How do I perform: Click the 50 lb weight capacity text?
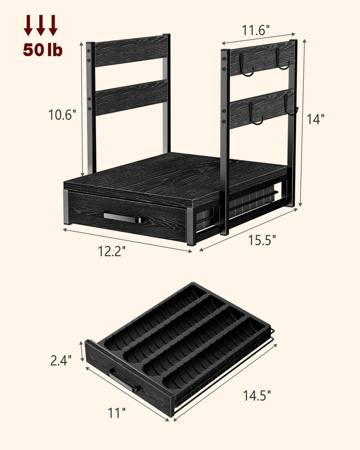pyautogui.click(x=43, y=50)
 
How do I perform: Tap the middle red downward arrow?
pyautogui.click(x=40, y=25)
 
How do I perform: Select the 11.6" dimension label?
pyautogui.click(x=255, y=30)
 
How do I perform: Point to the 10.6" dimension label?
pyautogui.click(x=62, y=115)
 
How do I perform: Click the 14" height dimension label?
pyautogui.click(x=315, y=119)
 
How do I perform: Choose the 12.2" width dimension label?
pyautogui.click(x=112, y=251)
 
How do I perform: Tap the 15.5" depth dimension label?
pyautogui.click(x=262, y=240)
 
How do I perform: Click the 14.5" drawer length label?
pyautogui.click(x=257, y=395)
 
